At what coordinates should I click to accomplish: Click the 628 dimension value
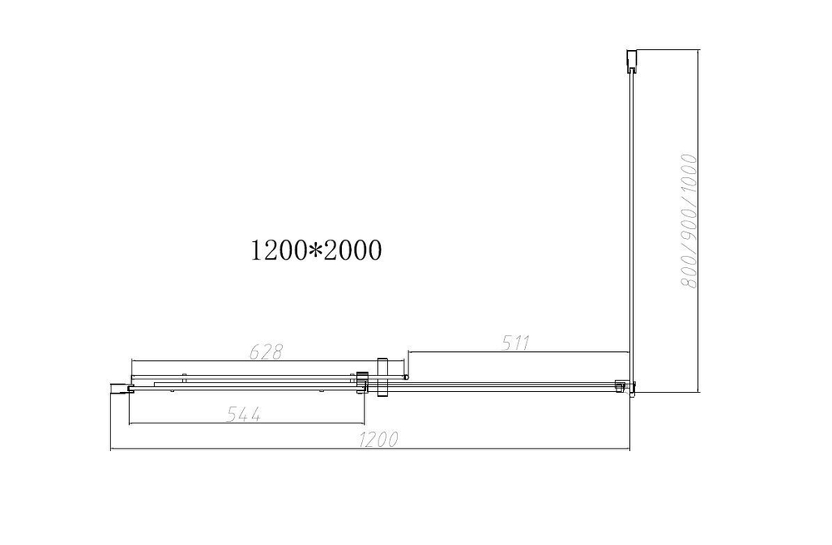pos(267,352)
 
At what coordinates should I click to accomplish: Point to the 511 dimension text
pos(516,342)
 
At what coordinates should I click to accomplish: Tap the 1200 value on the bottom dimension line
pos(377,440)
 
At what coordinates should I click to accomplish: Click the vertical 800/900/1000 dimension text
pos(688,220)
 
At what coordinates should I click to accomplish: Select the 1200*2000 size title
pos(316,250)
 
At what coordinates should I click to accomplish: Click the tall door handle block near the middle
pos(383,376)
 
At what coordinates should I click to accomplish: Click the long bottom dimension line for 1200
pos(370,450)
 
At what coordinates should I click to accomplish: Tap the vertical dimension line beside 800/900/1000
pos(697,220)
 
